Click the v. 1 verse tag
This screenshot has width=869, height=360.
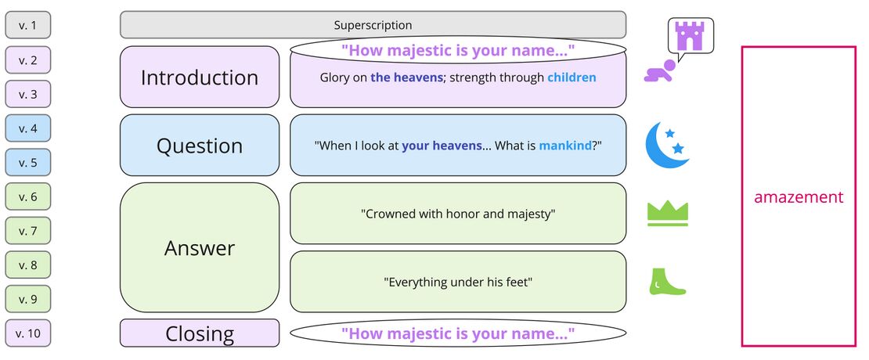[28, 26]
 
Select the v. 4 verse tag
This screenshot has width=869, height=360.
[28, 128]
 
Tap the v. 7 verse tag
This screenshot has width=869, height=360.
[28, 231]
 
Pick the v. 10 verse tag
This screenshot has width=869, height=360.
[28, 333]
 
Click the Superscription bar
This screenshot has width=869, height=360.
[373, 25]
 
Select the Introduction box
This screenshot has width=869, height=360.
[200, 77]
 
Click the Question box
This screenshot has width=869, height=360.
[200, 146]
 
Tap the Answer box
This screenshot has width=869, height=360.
[200, 248]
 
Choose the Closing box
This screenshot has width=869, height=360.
[200, 333]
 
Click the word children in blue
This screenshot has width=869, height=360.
[572, 77]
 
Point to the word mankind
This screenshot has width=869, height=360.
[565, 146]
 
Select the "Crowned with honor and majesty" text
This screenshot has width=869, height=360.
[458, 214]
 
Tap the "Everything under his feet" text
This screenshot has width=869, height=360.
[458, 282]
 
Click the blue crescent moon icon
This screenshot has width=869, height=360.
[665, 144]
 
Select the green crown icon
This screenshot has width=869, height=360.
[667, 213]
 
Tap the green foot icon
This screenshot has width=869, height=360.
[665, 283]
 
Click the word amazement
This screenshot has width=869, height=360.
[799, 197]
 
